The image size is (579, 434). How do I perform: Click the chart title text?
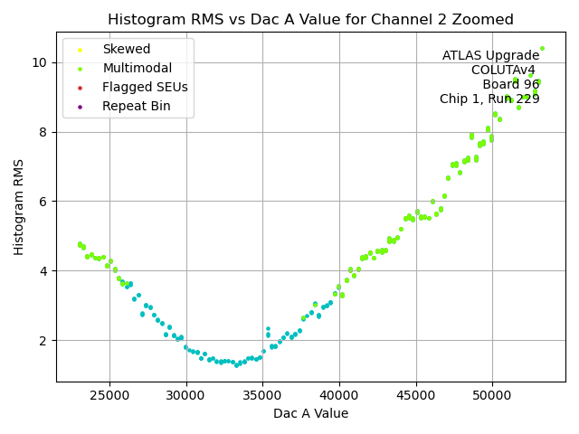[x=310, y=20]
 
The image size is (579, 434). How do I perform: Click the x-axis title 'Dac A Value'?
[x=310, y=413]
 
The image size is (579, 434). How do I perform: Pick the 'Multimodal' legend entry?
[x=135, y=69]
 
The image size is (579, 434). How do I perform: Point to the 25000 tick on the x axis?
[x=110, y=394]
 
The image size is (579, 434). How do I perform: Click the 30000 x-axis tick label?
[x=186, y=394]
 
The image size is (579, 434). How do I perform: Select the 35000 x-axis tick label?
[x=263, y=394]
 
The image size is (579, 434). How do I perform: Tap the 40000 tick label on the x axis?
[x=339, y=394]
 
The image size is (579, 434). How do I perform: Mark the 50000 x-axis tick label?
[x=492, y=394]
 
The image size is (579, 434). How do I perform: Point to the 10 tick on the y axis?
[x=41, y=62]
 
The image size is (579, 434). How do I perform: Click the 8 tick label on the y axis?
[x=44, y=132]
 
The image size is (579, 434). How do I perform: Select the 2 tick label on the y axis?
[x=44, y=341]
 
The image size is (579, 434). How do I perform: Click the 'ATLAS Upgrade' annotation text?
[x=490, y=56]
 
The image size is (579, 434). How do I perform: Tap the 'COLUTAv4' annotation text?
[x=503, y=71]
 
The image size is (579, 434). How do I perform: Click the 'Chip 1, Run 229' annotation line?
[x=489, y=99]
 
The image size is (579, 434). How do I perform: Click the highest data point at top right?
[x=542, y=49]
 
